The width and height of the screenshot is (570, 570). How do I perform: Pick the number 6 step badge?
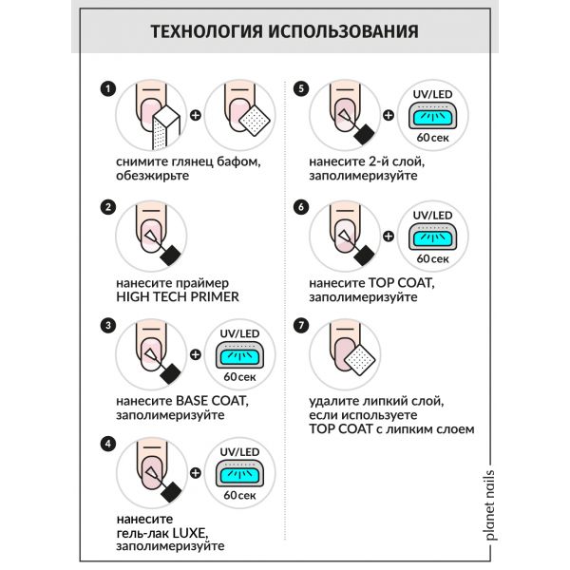[302, 206]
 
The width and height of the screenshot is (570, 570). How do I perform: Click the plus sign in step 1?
[197, 116]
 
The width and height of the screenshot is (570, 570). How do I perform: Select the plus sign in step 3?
[197, 354]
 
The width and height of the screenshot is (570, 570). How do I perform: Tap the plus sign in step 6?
[388, 235]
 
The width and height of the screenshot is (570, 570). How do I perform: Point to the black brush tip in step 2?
[171, 255]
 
